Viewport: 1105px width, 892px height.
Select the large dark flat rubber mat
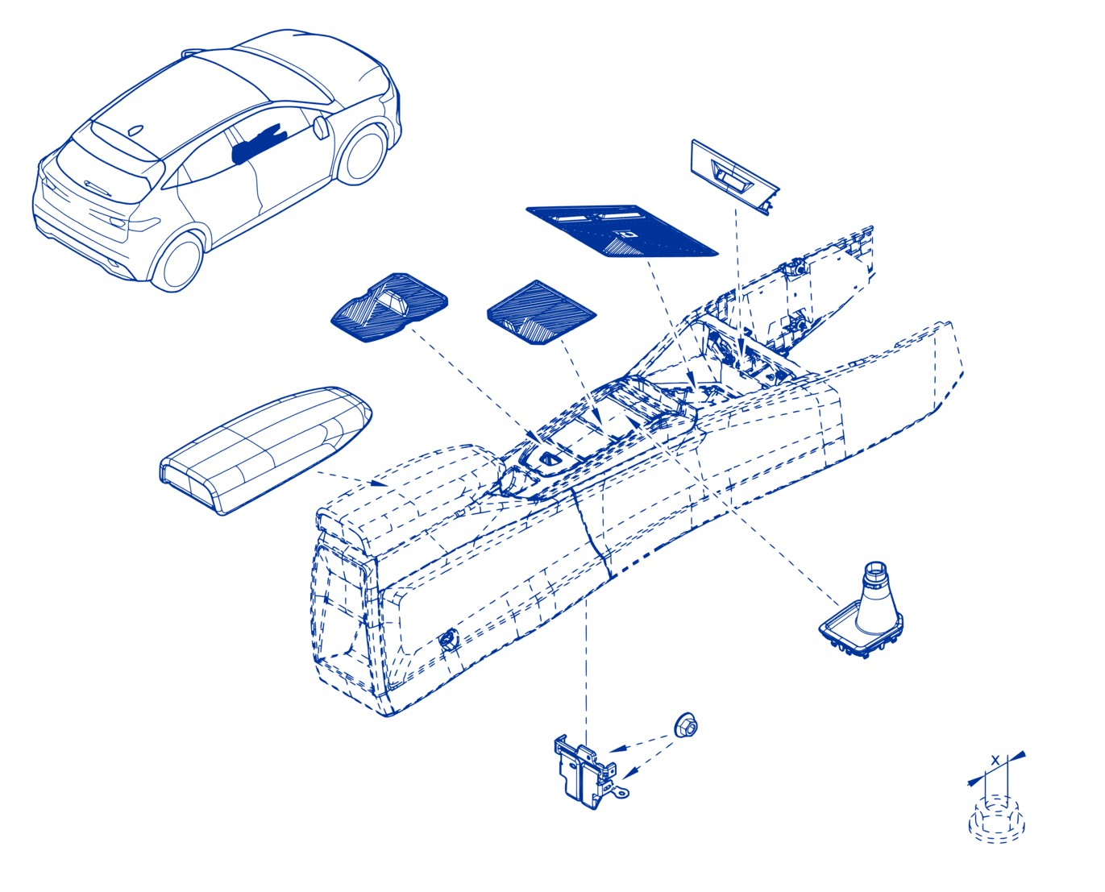(621, 230)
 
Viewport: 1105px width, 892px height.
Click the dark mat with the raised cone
(388, 308)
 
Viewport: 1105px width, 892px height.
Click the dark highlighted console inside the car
(257, 145)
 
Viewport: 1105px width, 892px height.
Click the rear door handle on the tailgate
(98, 189)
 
